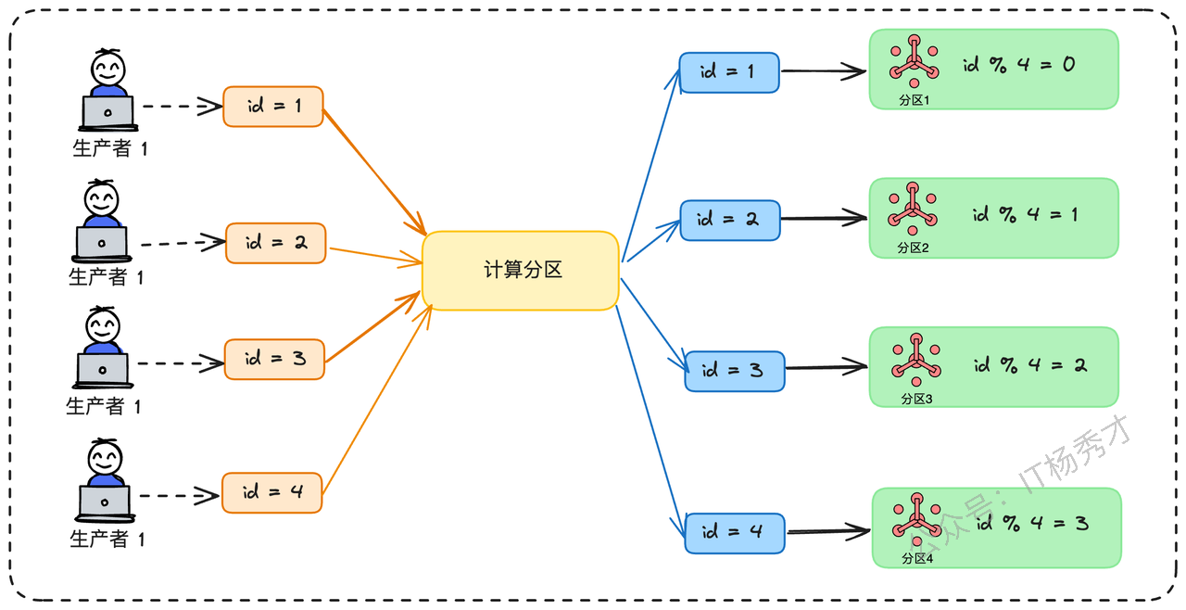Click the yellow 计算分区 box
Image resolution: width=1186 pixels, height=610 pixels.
[521, 271]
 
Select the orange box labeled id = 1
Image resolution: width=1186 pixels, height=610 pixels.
[273, 107]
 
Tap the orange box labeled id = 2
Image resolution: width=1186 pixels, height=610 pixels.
[276, 243]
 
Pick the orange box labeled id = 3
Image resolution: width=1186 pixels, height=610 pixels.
[275, 360]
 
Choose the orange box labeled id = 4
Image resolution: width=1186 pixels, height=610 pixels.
[272, 493]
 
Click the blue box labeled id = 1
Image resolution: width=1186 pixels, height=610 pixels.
[729, 72]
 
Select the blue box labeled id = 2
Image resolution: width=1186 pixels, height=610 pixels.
[730, 221]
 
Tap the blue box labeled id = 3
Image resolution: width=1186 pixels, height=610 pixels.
[735, 371]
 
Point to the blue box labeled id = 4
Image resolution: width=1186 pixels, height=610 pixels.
[735, 533]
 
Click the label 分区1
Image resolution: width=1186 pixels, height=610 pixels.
[915, 100]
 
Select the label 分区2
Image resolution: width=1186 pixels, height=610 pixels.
[913, 248]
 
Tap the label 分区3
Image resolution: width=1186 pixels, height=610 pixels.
[916, 399]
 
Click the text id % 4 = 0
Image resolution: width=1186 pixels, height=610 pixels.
[1018, 65]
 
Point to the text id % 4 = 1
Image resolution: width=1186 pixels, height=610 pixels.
[1025, 214]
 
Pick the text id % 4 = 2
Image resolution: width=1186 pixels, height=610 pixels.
[1030, 365]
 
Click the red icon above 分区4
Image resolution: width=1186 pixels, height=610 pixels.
[917, 519]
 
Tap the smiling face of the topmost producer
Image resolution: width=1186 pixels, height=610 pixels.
[108, 70]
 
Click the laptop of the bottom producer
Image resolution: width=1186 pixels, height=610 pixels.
[105, 503]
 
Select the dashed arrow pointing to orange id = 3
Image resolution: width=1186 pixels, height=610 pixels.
[181, 363]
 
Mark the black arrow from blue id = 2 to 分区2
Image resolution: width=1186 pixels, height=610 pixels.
[824, 218]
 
